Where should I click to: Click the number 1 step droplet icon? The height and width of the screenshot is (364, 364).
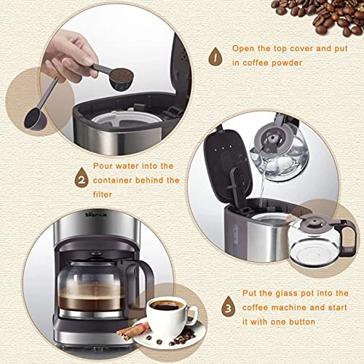coord(215,55)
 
